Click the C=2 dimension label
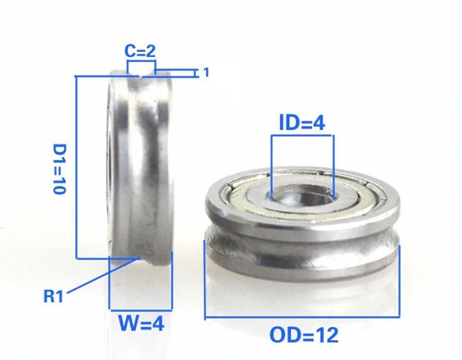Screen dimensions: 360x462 [x=141, y=51]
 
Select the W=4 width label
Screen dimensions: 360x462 [x=141, y=323]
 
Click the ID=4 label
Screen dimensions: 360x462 [x=302, y=124]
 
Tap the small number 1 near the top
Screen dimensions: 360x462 [x=206, y=72]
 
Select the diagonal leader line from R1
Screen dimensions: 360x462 [x=102, y=276]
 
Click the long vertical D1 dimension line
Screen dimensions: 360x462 [x=77, y=168]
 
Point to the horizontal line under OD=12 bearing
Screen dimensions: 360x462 [x=302, y=318]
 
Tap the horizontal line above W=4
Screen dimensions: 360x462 [x=141, y=309]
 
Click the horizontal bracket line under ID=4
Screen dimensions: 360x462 [x=302, y=136]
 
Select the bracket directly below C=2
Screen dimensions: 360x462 [x=141, y=62]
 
